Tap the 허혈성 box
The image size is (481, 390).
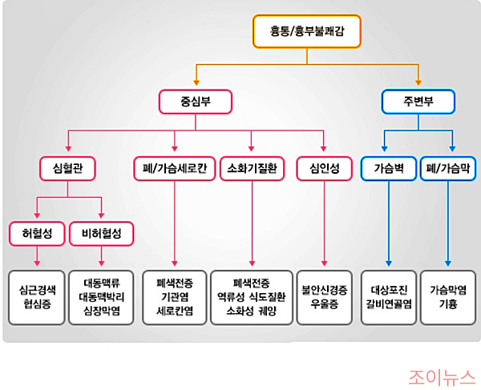[x=37, y=234]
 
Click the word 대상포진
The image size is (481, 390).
[x=389, y=290]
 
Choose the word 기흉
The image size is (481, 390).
[x=448, y=304]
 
